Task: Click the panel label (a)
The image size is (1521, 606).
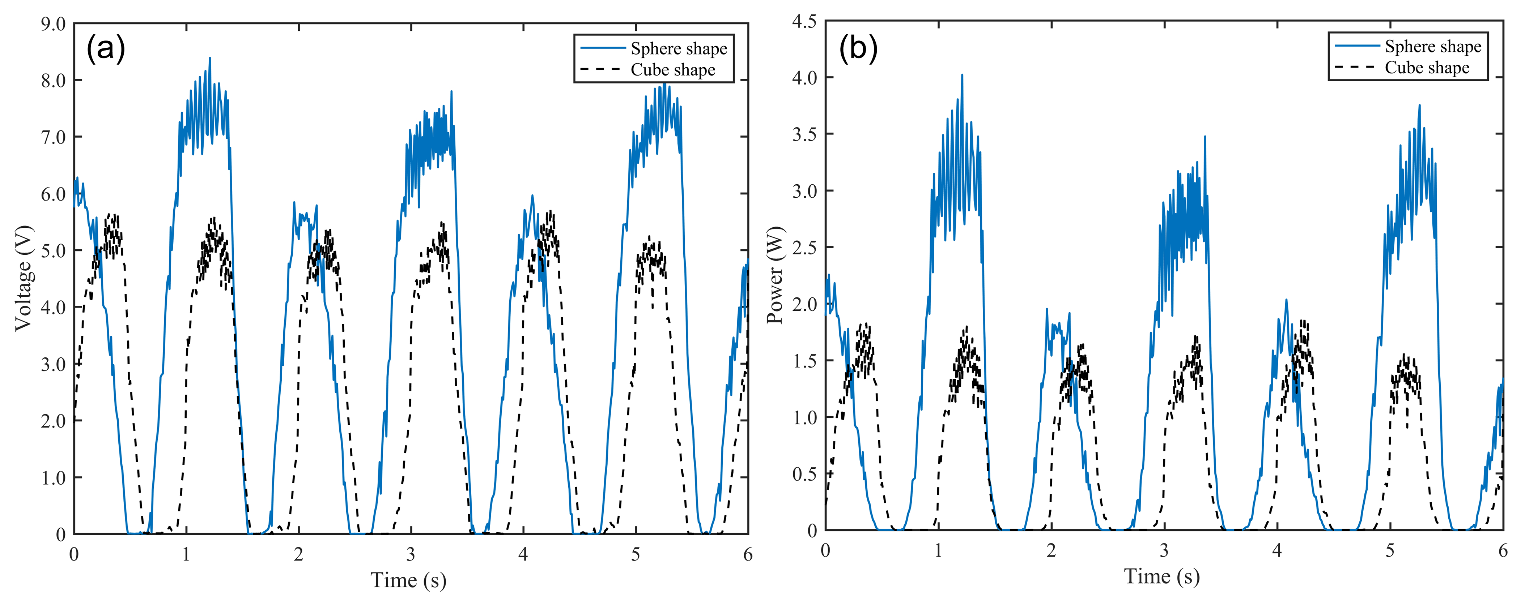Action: coord(106,48)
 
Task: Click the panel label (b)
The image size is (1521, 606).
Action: coord(858,47)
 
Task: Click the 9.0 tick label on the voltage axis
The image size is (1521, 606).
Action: coord(53,24)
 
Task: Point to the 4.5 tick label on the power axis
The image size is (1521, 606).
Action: coord(804,22)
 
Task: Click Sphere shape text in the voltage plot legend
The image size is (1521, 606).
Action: coord(679,48)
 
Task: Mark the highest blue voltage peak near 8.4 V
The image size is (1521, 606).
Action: coord(209,59)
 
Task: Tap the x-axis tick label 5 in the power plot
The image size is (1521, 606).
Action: coord(1390,551)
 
